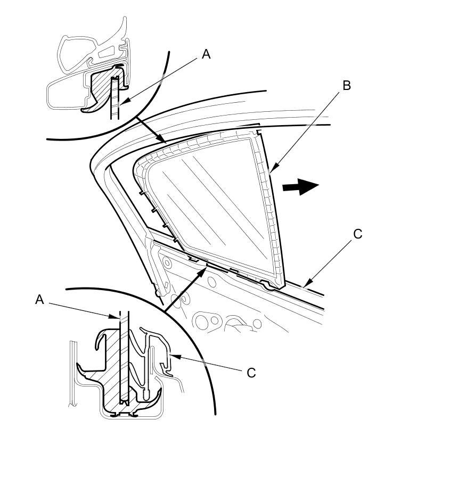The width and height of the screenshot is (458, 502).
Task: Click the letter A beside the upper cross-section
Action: click(x=206, y=54)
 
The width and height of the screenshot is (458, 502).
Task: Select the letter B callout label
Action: click(x=346, y=85)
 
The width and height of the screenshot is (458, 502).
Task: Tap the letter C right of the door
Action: click(x=357, y=234)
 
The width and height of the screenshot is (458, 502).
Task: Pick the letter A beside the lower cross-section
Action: click(x=39, y=300)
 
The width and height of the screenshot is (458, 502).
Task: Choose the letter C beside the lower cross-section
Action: click(x=251, y=373)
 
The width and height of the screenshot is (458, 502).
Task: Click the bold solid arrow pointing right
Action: click(x=300, y=186)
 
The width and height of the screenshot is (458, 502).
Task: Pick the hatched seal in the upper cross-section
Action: click(x=101, y=88)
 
